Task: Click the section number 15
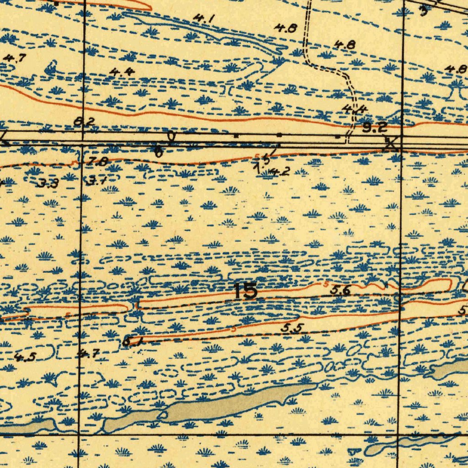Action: pos(245,291)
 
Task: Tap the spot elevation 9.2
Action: pos(375,128)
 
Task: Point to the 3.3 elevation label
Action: pos(48,184)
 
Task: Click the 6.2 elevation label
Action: pos(85,122)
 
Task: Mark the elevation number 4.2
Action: pos(279,172)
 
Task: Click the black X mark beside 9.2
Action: pos(391,144)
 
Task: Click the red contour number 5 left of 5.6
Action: pos(326,284)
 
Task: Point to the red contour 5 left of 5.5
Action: pos(234,329)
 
